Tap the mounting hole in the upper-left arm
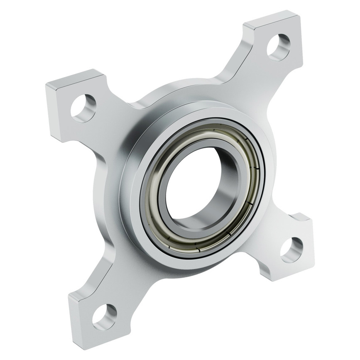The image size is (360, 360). [x=83, y=108]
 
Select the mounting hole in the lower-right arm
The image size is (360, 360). [x=291, y=250]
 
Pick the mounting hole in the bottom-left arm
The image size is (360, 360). [x=104, y=316]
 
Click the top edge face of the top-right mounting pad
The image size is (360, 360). [x=270, y=19]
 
